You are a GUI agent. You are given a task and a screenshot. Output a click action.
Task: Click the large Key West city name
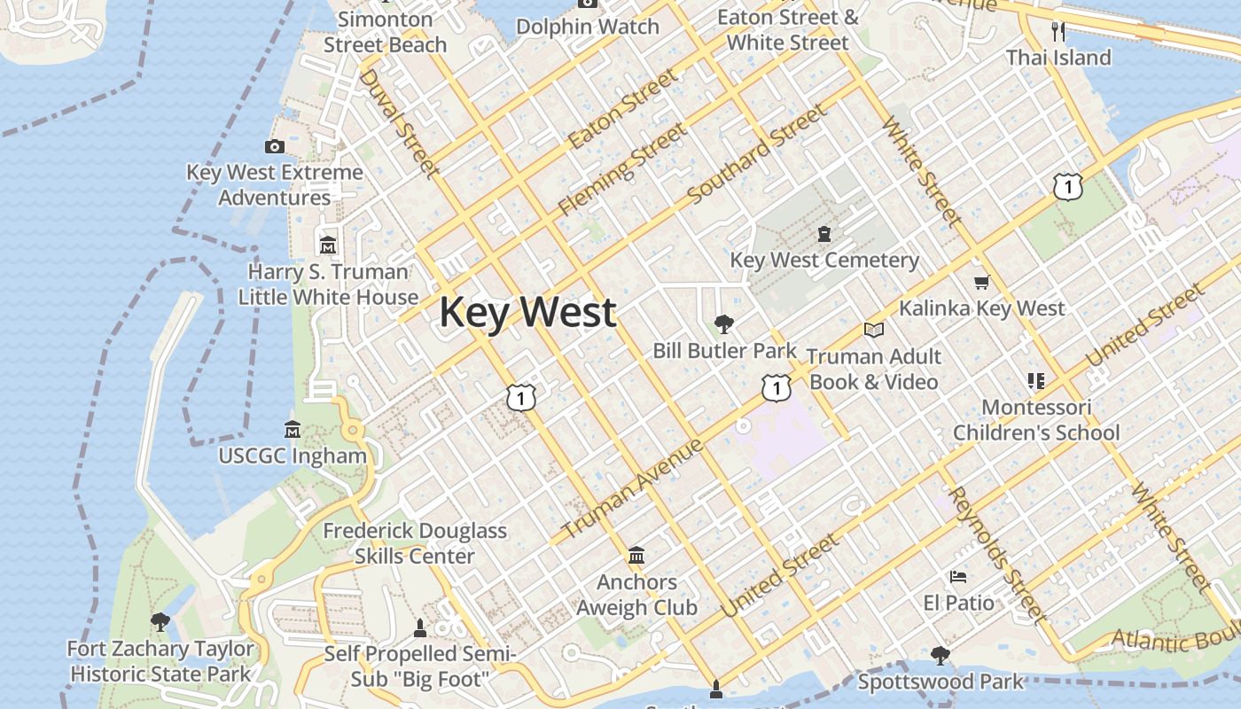click(x=527, y=313)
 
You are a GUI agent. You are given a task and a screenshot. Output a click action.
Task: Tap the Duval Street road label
click(x=398, y=122)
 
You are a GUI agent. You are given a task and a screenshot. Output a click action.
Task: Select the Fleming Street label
click(x=621, y=170)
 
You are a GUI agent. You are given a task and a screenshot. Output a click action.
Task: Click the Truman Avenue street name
click(x=633, y=488)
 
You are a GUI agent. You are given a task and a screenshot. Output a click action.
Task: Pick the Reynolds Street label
click(x=997, y=556)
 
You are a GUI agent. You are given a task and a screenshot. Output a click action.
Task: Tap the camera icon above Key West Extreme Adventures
click(x=275, y=146)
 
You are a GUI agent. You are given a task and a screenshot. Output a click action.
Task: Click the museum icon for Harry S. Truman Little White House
click(x=328, y=245)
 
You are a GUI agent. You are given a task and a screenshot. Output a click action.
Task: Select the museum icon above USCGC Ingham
click(x=293, y=430)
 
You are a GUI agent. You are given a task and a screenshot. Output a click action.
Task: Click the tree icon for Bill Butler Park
click(x=724, y=323)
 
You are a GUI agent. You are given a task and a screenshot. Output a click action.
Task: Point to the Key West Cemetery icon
click(x=824, y=234)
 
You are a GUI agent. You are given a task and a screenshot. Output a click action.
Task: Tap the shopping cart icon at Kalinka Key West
click(x=981, y=283)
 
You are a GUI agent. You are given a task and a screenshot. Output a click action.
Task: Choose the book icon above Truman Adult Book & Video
click(x=874, y=331)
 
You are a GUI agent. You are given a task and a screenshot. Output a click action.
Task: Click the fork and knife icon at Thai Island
click(x=1058, y=32)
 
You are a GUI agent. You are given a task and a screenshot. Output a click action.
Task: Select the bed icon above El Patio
click(x=958, y=577)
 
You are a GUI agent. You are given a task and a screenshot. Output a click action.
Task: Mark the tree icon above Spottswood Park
click(x=941, y=656)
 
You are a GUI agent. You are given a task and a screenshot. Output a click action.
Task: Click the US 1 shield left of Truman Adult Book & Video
click(x=776, y=387)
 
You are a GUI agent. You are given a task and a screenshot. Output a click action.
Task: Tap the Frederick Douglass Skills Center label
click(x=415, y=543)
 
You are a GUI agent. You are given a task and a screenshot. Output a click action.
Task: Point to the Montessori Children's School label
click(x=1036, y=420)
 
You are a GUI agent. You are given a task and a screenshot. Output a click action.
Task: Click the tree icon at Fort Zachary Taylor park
click(x=160, y=622)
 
